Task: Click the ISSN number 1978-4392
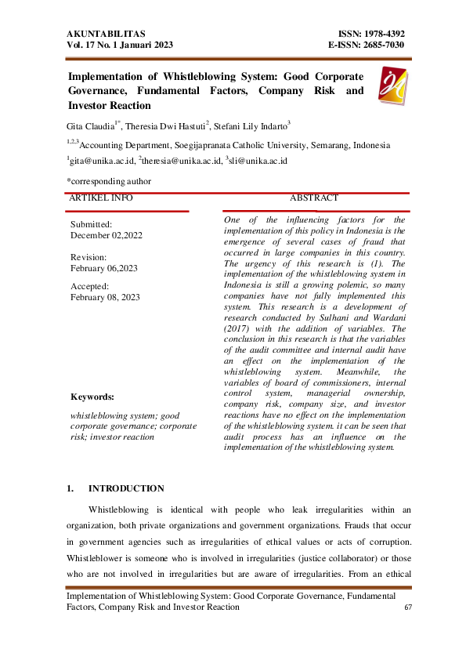380,34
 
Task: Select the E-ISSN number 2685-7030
380,45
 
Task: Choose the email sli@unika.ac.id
259,160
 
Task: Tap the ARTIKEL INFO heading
101,198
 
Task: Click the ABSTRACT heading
314,198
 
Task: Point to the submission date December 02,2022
104,234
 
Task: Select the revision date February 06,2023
104,268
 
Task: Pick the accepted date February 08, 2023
106,298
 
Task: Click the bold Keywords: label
92,397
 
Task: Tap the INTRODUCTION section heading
126,488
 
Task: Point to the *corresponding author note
109,181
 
